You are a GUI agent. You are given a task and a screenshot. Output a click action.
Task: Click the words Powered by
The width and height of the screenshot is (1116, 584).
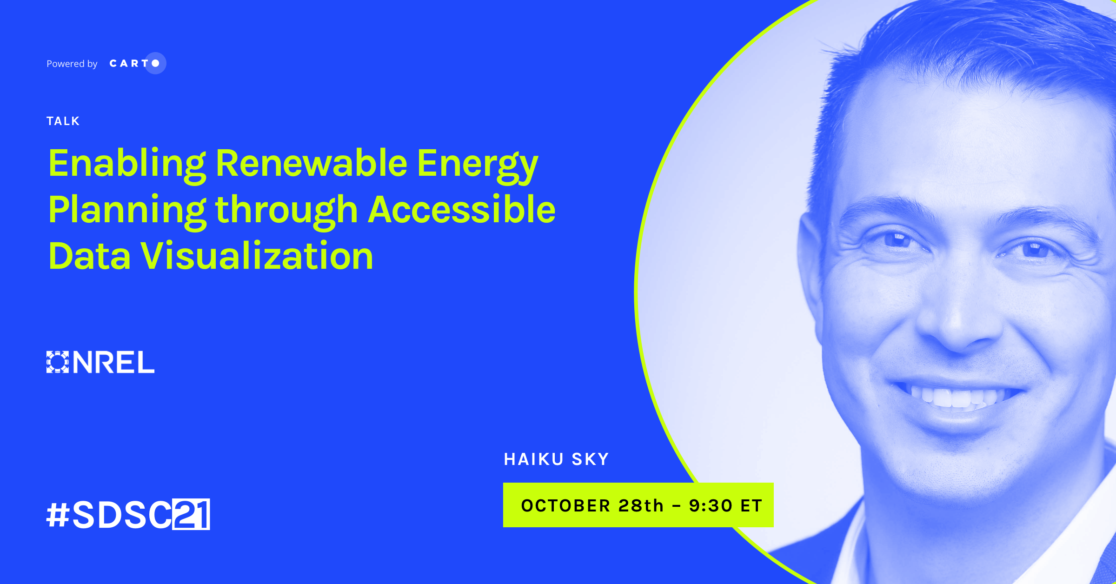point(72,64)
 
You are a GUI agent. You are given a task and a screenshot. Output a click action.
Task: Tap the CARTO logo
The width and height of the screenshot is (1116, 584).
point(138,63)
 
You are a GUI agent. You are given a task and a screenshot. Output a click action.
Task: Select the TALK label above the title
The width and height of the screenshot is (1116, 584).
point(63,121)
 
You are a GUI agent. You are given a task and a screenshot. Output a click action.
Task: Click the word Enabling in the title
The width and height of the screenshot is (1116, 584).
point(127,165)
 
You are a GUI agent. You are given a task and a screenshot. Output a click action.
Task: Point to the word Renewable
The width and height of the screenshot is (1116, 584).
point(312,163)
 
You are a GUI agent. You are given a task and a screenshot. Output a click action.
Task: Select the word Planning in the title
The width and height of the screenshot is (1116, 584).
point(127,212)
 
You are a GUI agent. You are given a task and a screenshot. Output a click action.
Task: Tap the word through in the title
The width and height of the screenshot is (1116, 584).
point(286,212)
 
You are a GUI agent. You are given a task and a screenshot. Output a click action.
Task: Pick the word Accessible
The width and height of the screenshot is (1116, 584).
point(462,209)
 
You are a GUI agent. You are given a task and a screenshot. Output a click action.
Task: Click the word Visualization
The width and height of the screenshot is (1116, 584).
point(257,256)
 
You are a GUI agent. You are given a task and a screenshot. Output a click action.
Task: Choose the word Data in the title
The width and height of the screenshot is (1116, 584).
point(89,256)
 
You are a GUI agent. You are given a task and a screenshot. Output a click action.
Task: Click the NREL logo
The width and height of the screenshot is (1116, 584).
point(100,362)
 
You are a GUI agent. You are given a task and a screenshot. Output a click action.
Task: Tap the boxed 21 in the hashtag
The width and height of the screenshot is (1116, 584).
point(191,514)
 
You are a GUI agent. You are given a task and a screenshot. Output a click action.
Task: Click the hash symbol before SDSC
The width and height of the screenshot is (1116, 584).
point(58,515)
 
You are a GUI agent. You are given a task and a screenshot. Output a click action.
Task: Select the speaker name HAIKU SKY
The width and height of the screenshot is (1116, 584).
point(557,459)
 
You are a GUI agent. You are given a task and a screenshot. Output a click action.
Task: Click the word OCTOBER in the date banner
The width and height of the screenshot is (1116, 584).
point(565,505)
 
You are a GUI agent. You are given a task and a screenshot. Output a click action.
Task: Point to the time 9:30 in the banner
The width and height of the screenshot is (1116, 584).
point(711,505)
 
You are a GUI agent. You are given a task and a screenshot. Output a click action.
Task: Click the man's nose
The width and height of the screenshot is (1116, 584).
point(958,316)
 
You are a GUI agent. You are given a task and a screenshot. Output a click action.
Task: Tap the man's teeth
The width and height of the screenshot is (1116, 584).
point(953,397)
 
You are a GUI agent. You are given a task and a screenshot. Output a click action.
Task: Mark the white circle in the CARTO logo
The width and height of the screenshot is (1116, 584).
point(156,63)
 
